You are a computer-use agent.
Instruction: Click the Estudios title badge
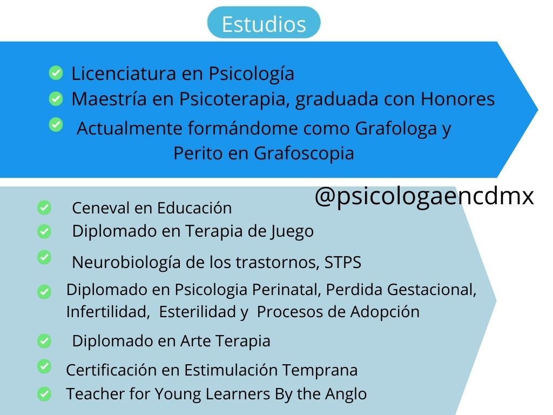264,24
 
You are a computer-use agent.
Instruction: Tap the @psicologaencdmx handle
424,197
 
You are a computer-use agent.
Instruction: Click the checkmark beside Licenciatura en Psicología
56,72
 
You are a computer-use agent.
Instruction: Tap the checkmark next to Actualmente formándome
56,125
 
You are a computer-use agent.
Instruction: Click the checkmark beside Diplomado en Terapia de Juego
44,232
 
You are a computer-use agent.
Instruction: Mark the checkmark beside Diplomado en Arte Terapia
44,342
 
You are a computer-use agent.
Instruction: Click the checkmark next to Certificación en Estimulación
44,366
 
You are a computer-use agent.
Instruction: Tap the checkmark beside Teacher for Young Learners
44,394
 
